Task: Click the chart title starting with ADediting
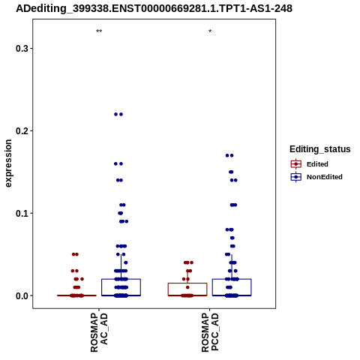coord(154,8)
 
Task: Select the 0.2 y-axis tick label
coord(22,130)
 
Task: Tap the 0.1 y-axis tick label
coord(22,213)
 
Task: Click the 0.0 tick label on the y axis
coord(22,295)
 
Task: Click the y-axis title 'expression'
coord(8,163)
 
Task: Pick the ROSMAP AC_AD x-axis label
coord(99,333)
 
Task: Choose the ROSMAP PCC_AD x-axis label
coord(210,333)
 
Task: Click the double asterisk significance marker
coord(99,31)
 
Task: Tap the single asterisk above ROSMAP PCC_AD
coord(210,31)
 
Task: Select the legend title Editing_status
coord(320,149)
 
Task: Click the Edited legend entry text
coord(317,164)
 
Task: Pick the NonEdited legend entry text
coord(325,177)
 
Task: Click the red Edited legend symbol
coord(296,164)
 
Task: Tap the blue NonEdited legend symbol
coord(296,177)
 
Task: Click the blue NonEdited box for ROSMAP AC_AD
coord(121,279)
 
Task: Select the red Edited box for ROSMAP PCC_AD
coord(187,283)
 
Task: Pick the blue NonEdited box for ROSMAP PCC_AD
coord(232,279)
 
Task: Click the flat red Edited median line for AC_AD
coord(76,295)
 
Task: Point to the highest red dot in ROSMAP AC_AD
coord(75,254)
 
